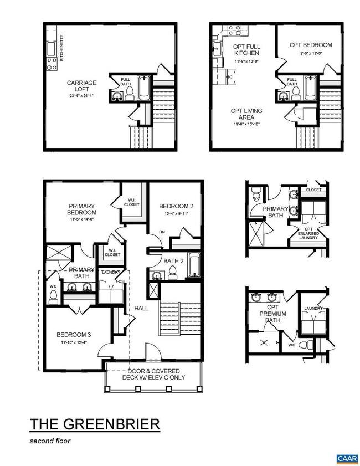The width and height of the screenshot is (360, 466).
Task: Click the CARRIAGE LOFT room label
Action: pos(82,86)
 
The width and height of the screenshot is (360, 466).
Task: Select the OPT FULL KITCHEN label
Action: pos(246,49)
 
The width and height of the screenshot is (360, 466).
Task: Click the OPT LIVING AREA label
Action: pos(246,114)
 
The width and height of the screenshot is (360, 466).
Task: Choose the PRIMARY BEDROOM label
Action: pos(82,208)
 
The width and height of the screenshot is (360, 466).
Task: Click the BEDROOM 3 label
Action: pos(74,335)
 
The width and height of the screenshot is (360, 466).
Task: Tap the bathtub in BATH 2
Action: pos(194,266)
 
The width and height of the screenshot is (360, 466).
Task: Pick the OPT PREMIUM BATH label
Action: pos(272,314)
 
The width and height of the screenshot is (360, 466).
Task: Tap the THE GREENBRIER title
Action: pos(95,424)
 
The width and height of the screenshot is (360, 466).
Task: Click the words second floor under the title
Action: pos(50,442)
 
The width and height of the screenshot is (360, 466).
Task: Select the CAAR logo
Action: pos(346,458)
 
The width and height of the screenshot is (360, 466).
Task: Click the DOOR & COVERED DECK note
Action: pos(157,374)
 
